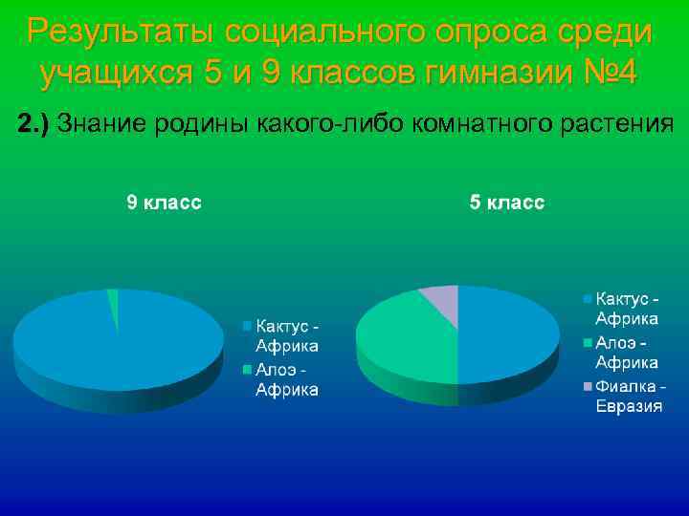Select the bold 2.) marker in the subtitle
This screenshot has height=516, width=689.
pos(35,123)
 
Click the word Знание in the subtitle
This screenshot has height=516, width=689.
pos(102,123)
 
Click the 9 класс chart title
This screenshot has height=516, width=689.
pos(165,203)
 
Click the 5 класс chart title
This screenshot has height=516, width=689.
pos(506,203)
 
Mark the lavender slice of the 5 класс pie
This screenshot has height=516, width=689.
pos(442,298)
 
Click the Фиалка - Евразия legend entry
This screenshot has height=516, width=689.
pos(629,396)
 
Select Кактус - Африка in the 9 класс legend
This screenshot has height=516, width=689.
pos(285,336)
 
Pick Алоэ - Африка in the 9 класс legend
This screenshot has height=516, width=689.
pos(285,379)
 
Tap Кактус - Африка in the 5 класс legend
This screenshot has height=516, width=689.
pos(626,309)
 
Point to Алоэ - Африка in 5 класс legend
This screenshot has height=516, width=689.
pos(626,353)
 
